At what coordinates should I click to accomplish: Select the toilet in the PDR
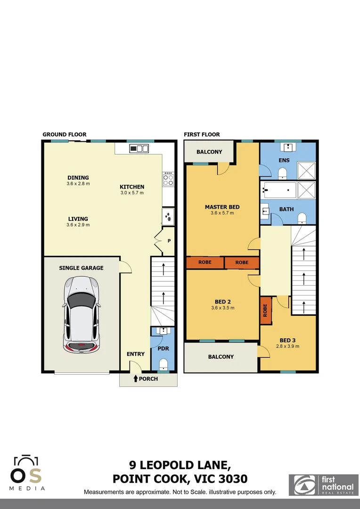click(163, 364)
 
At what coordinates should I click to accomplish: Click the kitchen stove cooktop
click(168, 179)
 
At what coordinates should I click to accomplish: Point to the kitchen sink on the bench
click(139, 148)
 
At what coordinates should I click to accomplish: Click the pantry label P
click(168, 241)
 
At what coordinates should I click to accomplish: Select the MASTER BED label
click(222, 207)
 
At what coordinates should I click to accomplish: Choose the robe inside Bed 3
click(266, 310)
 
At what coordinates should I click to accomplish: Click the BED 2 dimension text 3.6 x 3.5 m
click(222, 308)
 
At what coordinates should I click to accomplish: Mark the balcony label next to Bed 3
click(221, 357)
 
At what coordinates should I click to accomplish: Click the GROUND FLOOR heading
click(65, 134)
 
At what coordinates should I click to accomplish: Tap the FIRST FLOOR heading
click(202, 134)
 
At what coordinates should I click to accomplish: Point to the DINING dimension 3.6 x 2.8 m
click(78, 183)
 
